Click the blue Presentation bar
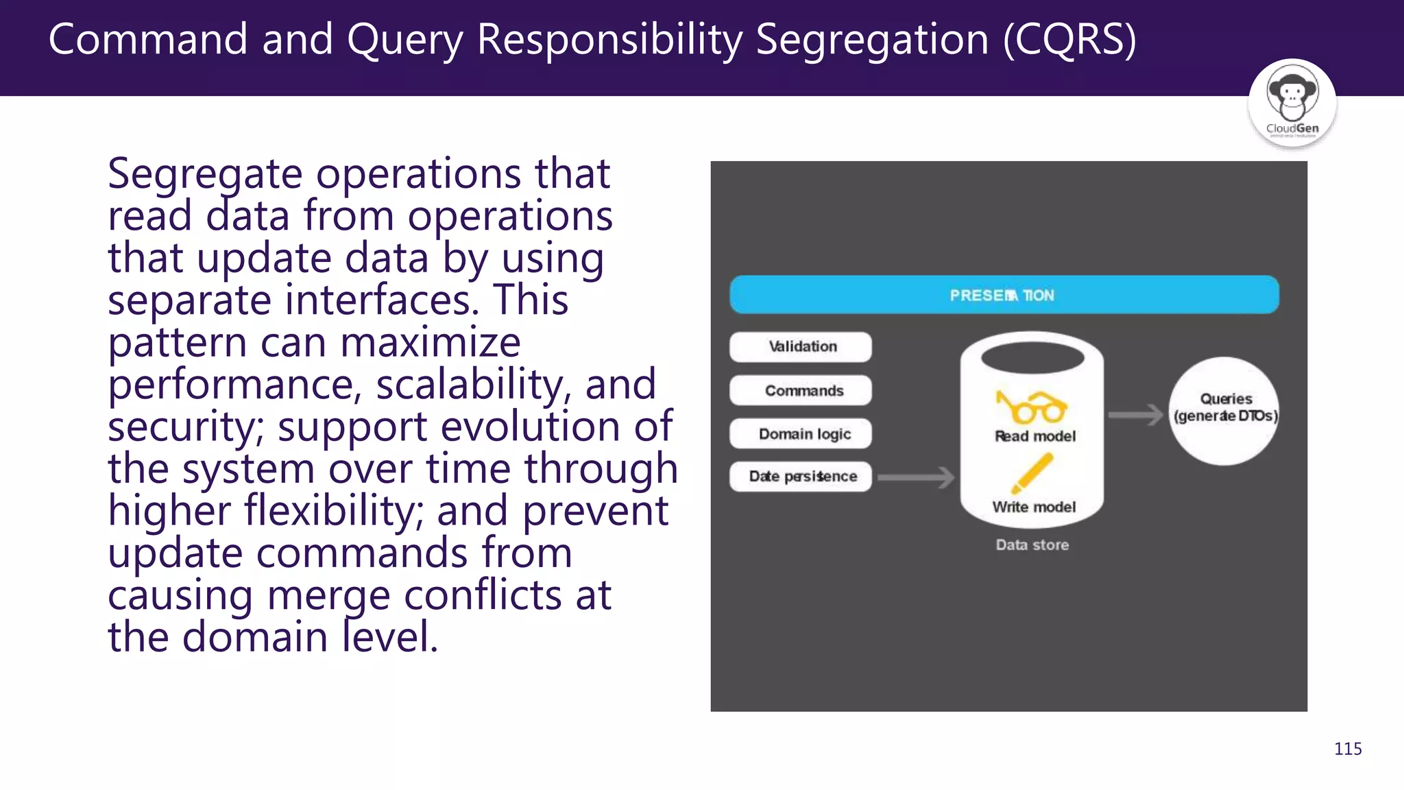pos(1004,295)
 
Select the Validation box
pos(801,346)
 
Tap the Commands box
pos(801,390)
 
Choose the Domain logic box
pos(801,433)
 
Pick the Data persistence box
pos(801,476)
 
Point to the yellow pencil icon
pos(1032,473)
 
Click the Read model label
pos(1035,436)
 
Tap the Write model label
pos(1034,507)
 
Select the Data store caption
pos(1032,544)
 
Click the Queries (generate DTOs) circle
pos(1224,411)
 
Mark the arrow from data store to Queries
pos(1135,414)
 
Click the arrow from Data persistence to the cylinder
pos(916,477)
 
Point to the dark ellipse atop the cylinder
pos(1032,357)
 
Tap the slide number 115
pos(1347,748)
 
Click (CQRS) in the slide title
pos(1069,39)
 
